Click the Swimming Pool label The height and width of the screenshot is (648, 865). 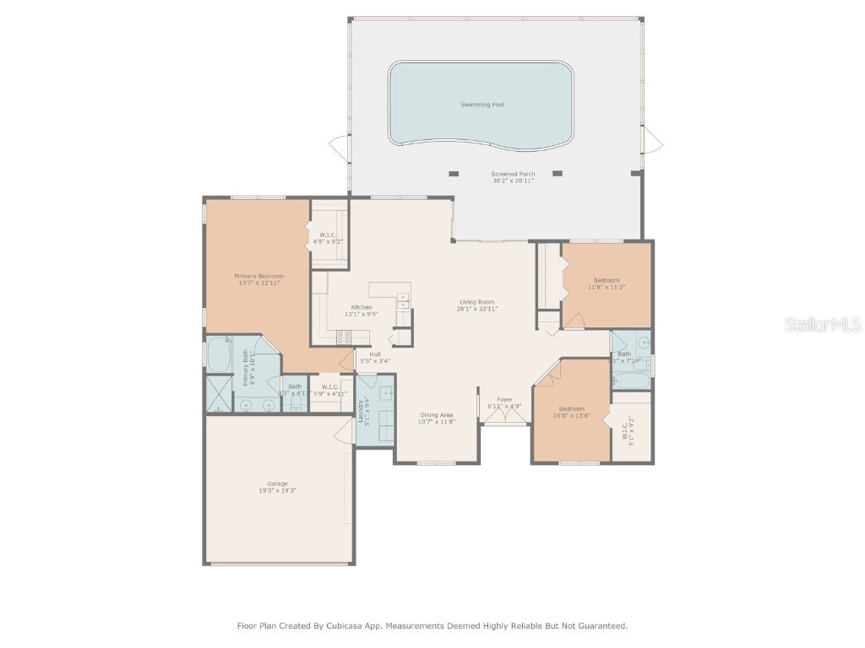[x=483, y=105]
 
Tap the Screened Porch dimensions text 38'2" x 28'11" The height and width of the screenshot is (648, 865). [x=514, y=181]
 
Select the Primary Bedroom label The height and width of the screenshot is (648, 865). [x=258, y=276]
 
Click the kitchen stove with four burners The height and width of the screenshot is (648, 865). [x=344, y=336]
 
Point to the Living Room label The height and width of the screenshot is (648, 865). [x=477, y=302]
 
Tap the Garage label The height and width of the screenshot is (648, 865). [x=278, y=483]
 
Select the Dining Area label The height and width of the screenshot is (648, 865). [x=437, y=414]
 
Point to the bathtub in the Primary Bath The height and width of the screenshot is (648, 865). [x=218, y=355]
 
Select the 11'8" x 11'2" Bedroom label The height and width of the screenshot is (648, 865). [x=606, y=280]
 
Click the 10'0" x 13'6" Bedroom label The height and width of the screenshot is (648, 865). [x=571, y=408]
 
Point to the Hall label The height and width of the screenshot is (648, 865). [x=374, y=354]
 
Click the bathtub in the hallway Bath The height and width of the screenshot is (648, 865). [x=630, y=382]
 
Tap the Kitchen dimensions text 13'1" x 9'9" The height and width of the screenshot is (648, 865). [x=361, y=314]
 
